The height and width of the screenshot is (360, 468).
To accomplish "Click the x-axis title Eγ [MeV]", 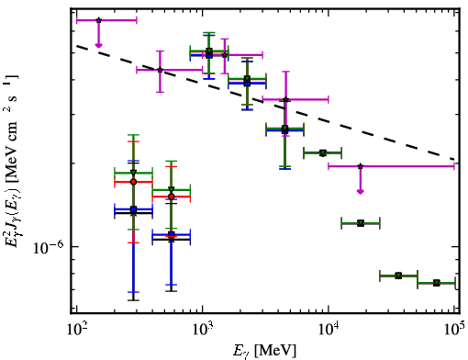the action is click(264, 351).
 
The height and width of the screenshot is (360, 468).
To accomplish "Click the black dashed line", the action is click(265, 103).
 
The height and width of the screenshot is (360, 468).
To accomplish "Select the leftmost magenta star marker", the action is click(98, 20).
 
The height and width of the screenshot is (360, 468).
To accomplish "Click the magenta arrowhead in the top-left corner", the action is click(98, 45).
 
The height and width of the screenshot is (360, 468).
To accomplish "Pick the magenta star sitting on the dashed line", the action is click(160, 70).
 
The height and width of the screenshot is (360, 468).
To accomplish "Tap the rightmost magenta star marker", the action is click(361, 166).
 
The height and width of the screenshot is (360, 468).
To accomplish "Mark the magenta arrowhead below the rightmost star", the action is click(361, 192).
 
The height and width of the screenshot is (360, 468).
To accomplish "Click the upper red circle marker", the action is click(133, 182).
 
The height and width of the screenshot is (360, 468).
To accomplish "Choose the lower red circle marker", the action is click(172, 197).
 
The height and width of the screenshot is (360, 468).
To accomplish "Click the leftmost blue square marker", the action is click(133, 209).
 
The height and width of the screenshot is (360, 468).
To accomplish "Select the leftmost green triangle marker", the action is click(133, 173).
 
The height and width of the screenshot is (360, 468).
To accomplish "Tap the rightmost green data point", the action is click(437, 283).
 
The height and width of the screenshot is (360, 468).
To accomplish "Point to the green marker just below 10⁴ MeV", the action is click(323, 152).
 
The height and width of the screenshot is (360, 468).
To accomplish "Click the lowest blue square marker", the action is click(172, 234).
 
